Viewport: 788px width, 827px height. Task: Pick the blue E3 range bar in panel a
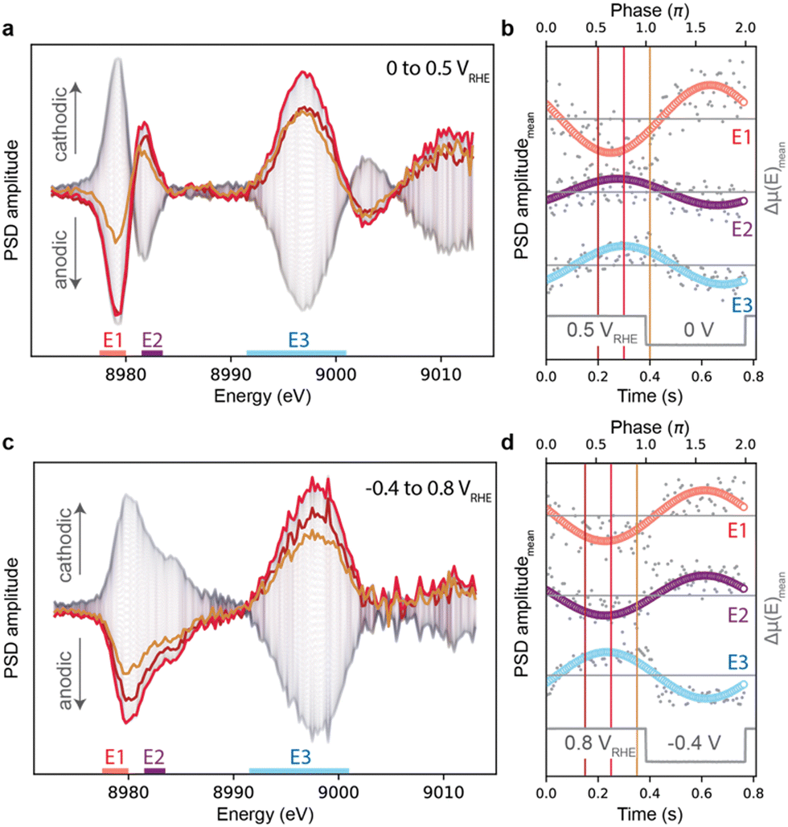(x=296, y=352)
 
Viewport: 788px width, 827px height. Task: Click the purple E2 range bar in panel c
(x=154, y=771)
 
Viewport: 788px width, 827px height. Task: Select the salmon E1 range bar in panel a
(x=112, y=352)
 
